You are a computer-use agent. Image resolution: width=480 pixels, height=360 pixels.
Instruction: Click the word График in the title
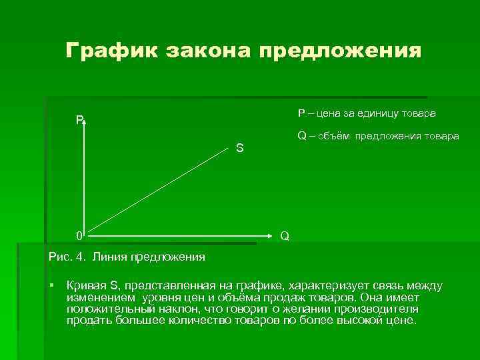point(111,51)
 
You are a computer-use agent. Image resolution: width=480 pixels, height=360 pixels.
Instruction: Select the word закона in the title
point(208,51)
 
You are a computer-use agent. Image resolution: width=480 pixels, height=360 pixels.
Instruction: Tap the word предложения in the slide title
point(340,51)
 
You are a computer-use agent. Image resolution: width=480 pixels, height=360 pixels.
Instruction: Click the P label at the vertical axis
point(79,120)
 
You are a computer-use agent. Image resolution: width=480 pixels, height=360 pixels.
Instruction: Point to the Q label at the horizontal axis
point(285,236)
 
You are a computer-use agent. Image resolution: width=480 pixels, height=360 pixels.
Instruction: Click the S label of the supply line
point(239,148)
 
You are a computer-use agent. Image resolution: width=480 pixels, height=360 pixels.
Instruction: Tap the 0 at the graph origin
point(79,235)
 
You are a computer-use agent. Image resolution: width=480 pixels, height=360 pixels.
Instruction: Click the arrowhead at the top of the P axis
point(85,121)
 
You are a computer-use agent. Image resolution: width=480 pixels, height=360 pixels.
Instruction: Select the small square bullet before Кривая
point(52,285)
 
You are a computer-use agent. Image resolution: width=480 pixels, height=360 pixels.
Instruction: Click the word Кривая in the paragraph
point(85,285)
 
